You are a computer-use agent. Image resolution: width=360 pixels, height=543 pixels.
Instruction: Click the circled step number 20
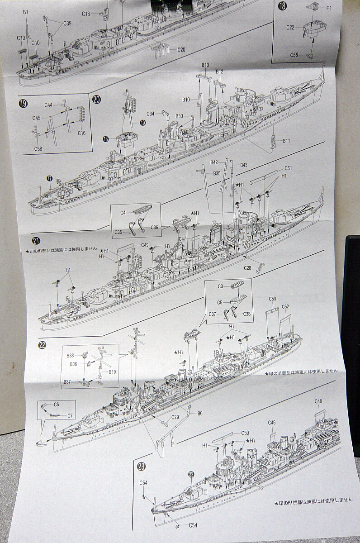tap(96, 100)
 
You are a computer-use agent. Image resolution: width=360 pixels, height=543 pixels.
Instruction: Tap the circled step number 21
tap(36, 240)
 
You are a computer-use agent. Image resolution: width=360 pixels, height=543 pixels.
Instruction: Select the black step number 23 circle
tap(141, 466)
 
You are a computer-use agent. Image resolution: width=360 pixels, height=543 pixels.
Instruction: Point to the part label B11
tap(286, 141)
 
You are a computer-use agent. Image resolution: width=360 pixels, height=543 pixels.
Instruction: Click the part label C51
tap(288, 168)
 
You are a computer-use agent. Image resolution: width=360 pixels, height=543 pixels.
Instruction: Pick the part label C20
tap(181, 49)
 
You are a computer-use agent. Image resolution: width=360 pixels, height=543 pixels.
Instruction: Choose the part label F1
tap(329, 8)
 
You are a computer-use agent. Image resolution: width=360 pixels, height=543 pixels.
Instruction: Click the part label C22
tap(290, 28)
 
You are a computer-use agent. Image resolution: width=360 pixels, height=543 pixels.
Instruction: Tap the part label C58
tap(38, 148)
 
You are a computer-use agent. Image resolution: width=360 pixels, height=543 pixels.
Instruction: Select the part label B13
tap(205, 65)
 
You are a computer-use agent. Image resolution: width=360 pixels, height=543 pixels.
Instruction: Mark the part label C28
tap(247, 268)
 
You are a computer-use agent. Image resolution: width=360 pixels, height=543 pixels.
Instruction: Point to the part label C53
tap(272, 299)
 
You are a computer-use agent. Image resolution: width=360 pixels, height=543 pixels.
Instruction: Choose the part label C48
tap(318, 401)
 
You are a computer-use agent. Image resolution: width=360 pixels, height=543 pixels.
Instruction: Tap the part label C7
tap(70, 415)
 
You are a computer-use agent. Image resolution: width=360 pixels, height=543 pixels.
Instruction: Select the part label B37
tap(67, 381)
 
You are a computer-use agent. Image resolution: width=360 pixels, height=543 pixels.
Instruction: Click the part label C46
tap(271, 423)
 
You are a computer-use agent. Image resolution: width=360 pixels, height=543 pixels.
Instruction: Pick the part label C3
tap(221, 286)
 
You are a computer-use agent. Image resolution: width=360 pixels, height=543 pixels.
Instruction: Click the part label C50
tap(245, 433)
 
